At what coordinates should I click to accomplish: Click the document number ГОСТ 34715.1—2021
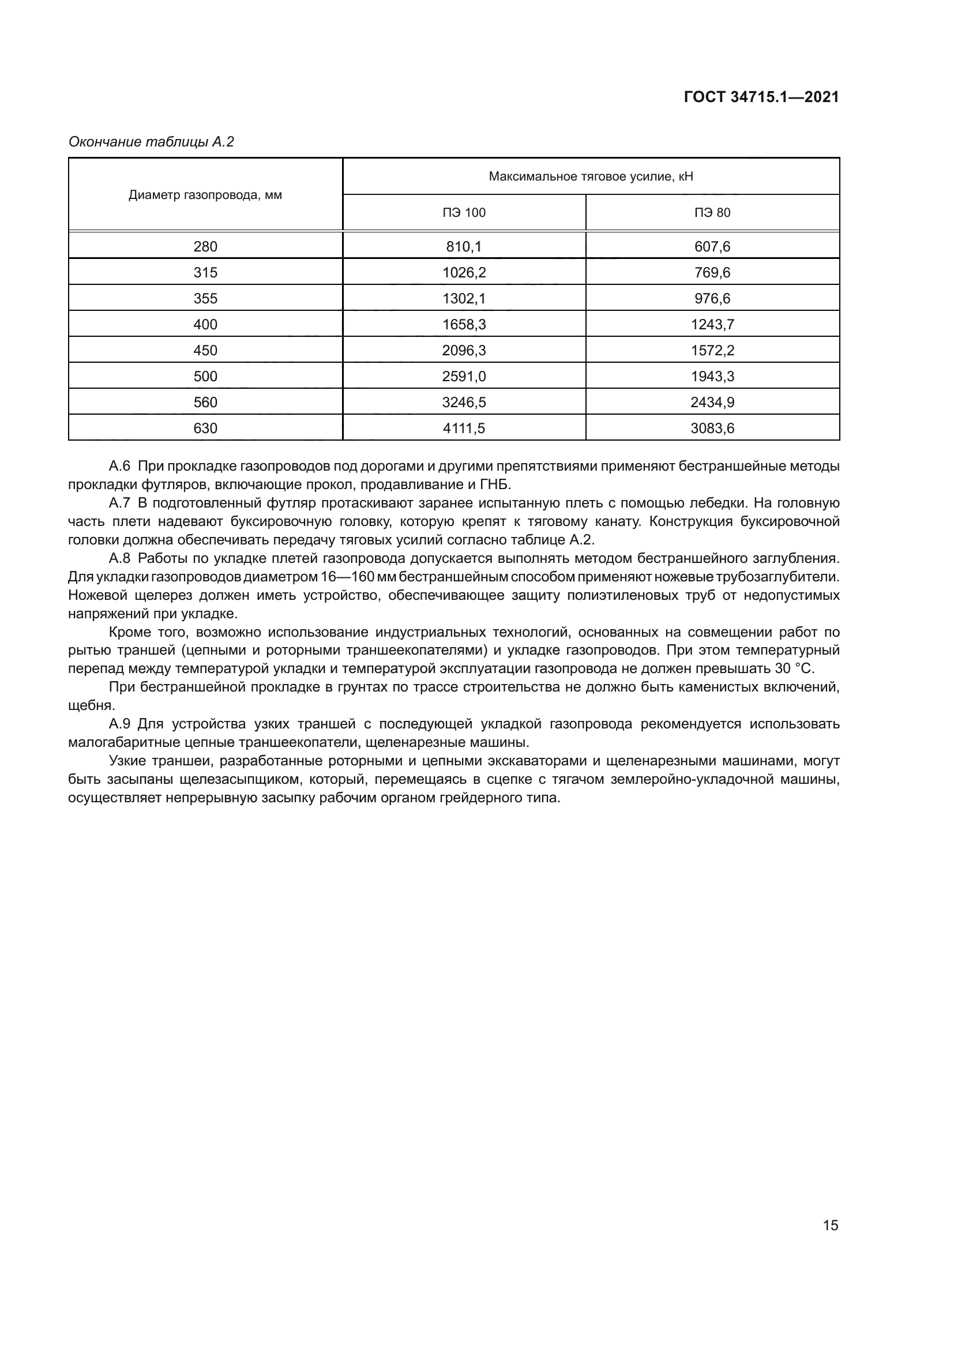(x=761, y=97)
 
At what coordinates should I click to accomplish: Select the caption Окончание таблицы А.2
(x=151, y=142)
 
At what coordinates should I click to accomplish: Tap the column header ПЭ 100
(x=464, y=213)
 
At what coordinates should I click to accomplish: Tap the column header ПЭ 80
(x=712, y=213)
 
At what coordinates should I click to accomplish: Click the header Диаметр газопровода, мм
(x=205, y=195)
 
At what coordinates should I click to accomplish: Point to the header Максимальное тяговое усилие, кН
(x=591, y=176)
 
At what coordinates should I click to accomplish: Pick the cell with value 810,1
(x=464, y=247)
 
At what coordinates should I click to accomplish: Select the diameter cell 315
(x=205, y=273)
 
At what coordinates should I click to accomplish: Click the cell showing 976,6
(x=712, y=299)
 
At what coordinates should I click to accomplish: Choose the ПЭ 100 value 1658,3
(x=464, y=324)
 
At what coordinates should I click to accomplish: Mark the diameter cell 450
(x=205, y=350)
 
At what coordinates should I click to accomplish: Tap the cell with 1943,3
(x=712, y=376)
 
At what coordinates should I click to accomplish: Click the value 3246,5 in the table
(x=464, y=402)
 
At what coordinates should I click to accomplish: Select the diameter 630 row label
(x=205, y=428)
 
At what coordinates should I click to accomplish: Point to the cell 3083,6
(x=712, y=428)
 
